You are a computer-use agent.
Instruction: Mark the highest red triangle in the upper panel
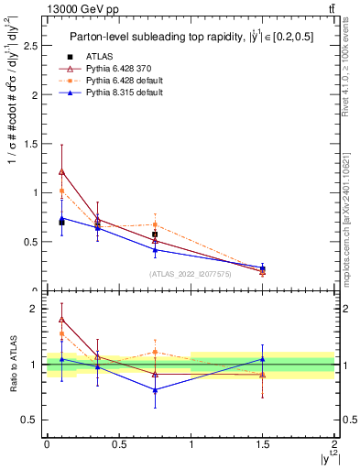[61, 171]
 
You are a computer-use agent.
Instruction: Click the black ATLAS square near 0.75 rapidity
[155, 234]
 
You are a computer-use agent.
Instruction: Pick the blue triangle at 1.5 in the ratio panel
[263, 359]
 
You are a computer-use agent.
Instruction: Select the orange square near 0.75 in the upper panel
[155, 224]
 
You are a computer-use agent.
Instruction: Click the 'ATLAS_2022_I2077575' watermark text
[191, 273]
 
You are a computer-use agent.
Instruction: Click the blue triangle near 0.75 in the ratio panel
[155, 390]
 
